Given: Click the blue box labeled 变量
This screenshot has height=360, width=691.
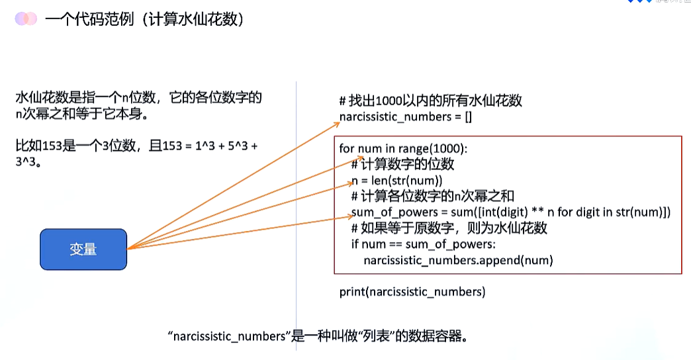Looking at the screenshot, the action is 83,249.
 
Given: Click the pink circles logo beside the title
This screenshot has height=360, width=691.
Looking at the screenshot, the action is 26,19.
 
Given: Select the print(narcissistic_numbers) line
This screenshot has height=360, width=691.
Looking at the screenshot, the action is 412,291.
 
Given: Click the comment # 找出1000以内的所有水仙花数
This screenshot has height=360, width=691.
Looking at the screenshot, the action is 431,101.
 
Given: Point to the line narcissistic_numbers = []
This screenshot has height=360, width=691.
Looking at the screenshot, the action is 405,117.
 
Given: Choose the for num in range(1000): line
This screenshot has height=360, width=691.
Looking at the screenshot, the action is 404,148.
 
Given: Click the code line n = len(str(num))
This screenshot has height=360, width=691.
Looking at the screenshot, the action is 396,180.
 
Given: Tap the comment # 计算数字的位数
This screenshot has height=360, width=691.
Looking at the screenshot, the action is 403,164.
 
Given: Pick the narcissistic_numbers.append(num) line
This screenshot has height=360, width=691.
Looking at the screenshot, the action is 458,260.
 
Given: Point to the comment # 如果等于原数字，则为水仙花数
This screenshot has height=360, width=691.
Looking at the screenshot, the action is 449,228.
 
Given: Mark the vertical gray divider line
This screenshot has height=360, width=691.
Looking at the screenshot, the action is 296,199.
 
